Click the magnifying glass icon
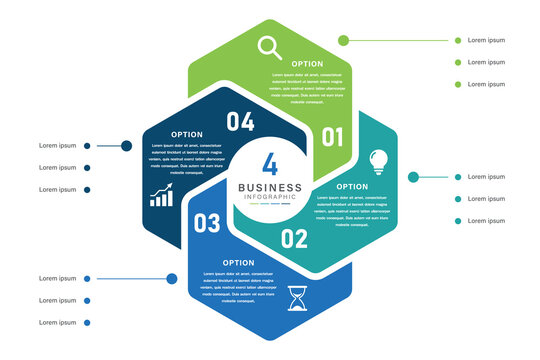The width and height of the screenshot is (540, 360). click(269, 46)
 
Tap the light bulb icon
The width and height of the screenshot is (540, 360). click(379, 161)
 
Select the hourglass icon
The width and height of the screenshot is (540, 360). click(297, 298)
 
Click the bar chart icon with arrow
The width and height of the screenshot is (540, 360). click(161, 194)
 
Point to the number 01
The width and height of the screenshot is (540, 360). click(332, 135)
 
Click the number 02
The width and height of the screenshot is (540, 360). click(293, 238)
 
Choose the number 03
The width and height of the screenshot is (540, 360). click(206, 223)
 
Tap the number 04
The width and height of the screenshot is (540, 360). click(240, 122)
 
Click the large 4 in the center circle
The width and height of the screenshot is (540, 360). click(270, 165)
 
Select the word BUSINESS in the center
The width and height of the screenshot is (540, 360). click(270, 187)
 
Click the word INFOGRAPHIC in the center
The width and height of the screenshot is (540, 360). click(270, 197)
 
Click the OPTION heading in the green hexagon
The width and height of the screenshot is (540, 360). click(307, 63)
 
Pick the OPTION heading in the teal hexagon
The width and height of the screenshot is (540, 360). click(352, 186)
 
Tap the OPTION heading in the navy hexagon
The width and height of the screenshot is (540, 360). click(187, 134)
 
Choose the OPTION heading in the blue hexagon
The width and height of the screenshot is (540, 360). click(238, 262)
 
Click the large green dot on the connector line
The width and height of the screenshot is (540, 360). click(343, 40)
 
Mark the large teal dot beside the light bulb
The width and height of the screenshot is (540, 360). click(414, 176)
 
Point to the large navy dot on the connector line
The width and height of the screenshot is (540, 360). click(127, 146)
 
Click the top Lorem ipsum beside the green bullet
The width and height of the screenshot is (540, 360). click(486, 40)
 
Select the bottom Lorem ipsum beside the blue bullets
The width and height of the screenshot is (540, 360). click(57, 322)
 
